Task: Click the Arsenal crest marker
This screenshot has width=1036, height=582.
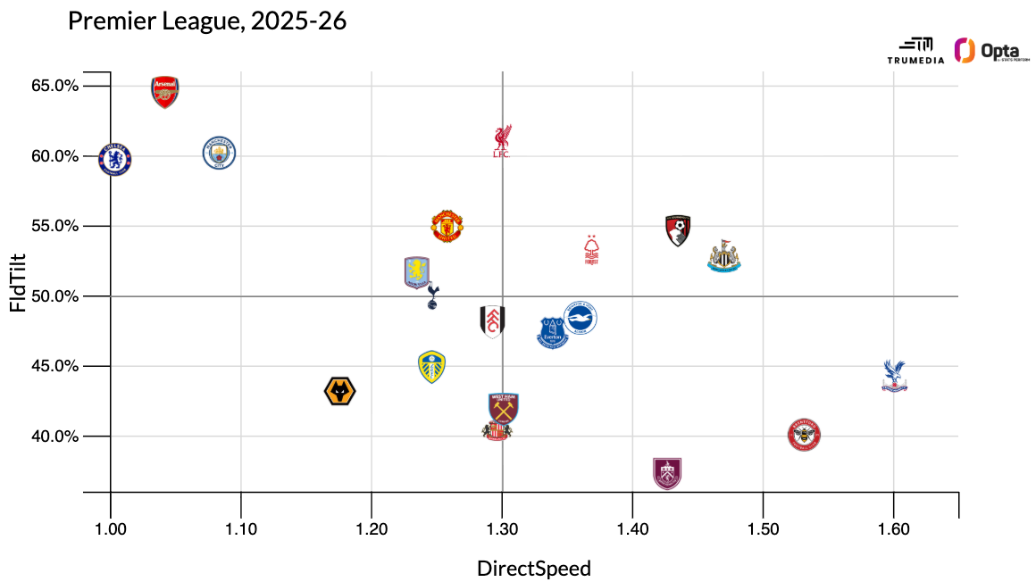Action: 164,91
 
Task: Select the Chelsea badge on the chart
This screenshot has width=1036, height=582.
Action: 114,159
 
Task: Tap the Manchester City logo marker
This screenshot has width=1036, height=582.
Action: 218,154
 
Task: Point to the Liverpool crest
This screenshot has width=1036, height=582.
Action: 502,141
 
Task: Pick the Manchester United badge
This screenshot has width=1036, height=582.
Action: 447,226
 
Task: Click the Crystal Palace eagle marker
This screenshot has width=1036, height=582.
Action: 893,376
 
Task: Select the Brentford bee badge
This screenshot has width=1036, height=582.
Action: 804,435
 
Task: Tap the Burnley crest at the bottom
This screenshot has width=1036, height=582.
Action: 666,472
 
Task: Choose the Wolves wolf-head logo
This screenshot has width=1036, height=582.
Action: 340,391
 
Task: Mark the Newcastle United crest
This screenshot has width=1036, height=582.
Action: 723,255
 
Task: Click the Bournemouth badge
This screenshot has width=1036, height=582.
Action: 678,230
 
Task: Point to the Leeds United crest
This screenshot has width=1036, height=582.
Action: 431,366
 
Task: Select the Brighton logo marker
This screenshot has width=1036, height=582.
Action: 580,318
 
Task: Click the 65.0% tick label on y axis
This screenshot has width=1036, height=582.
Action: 55,87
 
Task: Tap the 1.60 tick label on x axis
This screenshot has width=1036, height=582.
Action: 893,529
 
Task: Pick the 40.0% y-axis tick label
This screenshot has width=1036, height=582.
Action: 55,436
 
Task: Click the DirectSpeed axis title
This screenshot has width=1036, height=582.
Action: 534,569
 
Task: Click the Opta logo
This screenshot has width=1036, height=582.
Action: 991,51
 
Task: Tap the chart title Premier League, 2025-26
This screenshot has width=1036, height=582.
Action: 207,21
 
